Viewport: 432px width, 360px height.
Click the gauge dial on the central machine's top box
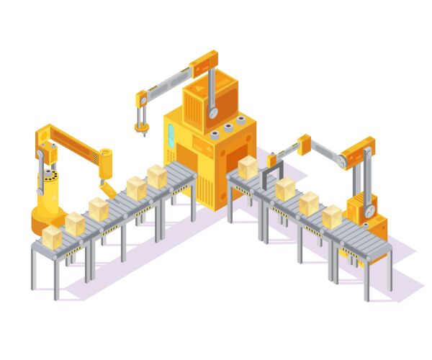tap(214, 114)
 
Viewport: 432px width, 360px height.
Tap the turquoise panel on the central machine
tap(171, 135)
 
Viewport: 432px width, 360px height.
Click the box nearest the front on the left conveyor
tap(52, 236)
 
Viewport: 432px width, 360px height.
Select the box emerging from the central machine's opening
tap(248, 167)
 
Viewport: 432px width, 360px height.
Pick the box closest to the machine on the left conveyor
tap(157, 176)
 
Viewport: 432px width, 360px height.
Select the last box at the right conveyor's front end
tap(332, 217)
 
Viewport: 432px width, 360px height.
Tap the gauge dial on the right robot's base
tap(370, 211)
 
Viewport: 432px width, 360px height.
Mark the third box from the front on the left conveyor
tap(98, 209)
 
